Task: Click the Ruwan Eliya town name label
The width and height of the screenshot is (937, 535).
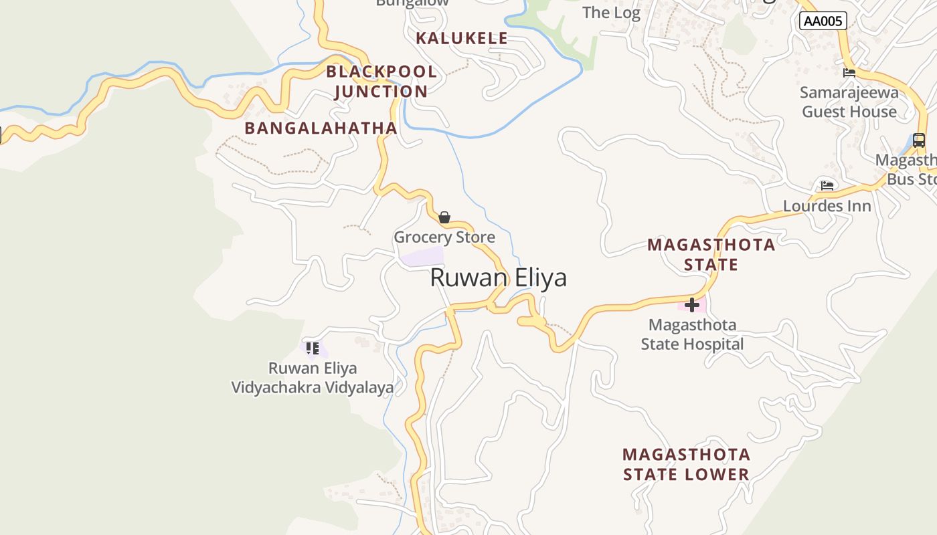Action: (498, 278)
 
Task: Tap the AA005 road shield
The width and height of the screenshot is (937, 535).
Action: (823, 21)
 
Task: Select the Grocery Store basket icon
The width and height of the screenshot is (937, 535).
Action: (444, 217)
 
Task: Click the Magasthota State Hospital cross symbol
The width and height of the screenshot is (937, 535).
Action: (692, 305)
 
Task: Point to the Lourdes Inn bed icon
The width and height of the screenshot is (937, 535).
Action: (827, 185)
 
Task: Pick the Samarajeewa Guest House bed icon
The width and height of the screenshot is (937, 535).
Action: (849, 72)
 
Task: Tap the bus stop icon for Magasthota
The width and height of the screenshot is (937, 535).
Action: (919, 140)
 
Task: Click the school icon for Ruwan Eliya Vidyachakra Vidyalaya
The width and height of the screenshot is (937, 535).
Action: (312, 348)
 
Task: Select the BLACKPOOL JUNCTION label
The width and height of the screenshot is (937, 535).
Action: (381, 82)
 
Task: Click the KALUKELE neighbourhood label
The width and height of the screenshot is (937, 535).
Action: (462, 38)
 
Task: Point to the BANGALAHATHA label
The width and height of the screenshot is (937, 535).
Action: (321, 128)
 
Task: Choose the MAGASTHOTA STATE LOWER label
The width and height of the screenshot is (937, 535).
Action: (686, 464)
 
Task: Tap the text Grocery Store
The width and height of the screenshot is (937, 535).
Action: (444, 237)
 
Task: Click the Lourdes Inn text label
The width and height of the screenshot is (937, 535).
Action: (827, 205)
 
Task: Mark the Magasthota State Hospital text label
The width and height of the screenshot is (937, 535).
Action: (693, 334)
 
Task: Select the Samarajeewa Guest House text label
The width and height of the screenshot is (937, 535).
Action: (849, 102)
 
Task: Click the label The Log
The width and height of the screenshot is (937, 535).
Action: (611, 12)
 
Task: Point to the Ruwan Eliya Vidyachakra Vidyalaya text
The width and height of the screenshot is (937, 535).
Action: (313, 377)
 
